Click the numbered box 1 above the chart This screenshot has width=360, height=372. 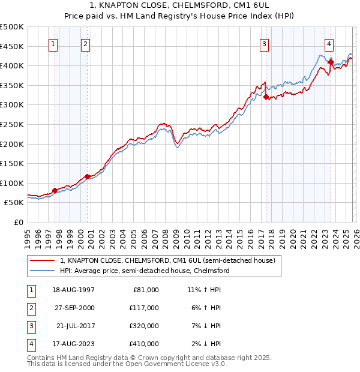(54, 43)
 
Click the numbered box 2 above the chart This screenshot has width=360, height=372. (86, 43)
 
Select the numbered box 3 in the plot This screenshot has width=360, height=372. (265, 43)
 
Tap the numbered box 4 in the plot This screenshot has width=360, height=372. (329, 43)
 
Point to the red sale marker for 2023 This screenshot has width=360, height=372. (331, 62)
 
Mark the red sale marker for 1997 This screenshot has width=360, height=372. (55, 190)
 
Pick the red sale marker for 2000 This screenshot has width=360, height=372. (88, 176)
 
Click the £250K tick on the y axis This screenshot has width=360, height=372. (12, 124)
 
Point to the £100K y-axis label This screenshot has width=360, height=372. (12, 183)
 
